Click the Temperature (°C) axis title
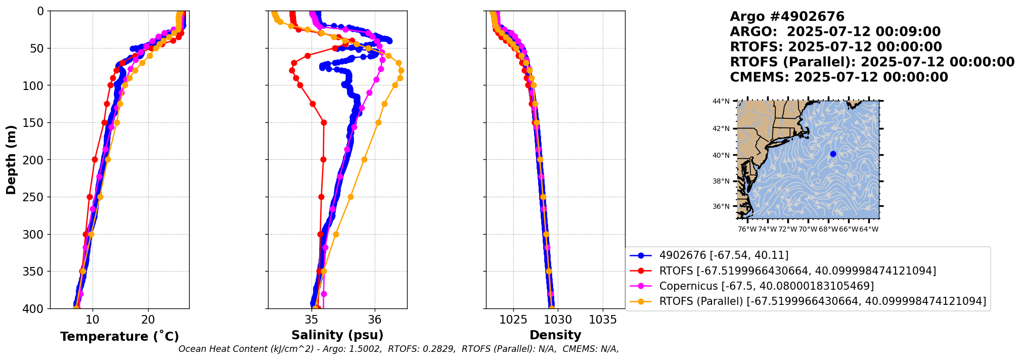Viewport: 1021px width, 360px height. pos(119,337)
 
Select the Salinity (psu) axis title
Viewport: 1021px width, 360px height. pos(337,335)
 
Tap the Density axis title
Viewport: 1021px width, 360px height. pos(555,335)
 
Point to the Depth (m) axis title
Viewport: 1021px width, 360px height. pos(11,159)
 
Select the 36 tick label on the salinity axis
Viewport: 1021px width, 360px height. pos(375,320)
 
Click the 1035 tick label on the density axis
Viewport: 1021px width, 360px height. pos(603,320)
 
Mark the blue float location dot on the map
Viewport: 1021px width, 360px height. pos(833,154)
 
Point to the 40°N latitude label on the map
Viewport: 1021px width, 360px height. pos(721,155)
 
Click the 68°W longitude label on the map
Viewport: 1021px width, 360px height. pos(828,230)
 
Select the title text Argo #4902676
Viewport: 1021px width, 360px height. pos(787,17)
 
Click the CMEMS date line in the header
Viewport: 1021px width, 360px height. pos(839,77)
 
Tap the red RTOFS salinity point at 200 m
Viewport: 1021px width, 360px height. pos(323,160)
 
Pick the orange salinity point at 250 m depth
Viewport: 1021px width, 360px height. pos(350,197)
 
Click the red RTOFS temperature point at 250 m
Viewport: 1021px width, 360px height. pos(90,197)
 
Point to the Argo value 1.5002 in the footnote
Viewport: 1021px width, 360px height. pos(367,349)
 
